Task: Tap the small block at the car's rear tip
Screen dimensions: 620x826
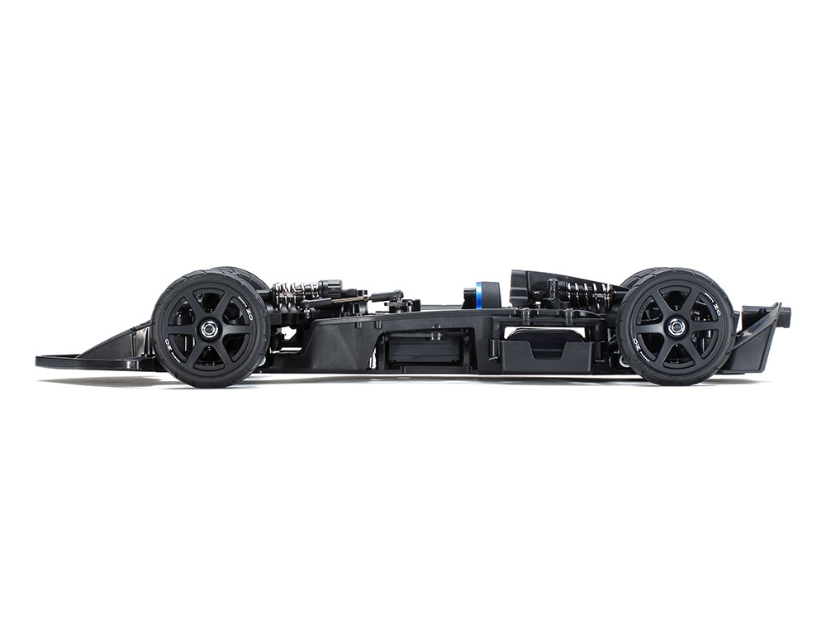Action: tap(786, 314)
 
